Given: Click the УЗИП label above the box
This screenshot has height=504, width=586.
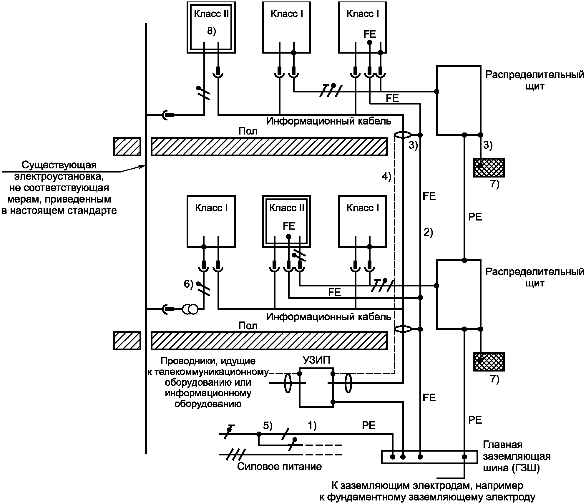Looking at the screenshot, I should click(x=316, y=360).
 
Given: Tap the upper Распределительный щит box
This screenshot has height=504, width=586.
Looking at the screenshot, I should click(x=458, y=100).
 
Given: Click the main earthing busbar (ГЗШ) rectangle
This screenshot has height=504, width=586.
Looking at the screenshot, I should click(x=429, y=457).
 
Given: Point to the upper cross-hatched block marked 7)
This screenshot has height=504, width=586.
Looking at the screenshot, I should click(x=489, y=168).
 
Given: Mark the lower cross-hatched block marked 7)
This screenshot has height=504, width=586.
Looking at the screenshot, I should click(x=489, y=362).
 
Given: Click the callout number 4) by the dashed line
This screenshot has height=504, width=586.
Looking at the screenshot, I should click(x=386, y=176).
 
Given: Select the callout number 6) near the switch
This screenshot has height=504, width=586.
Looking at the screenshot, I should click(x=188, y=284).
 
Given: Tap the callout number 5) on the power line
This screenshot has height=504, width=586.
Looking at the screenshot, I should click(x=268, y=426).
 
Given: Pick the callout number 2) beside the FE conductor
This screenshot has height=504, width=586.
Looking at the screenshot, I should click(x=428, y=232).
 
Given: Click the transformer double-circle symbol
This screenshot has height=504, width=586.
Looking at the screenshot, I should click(x=190, y=309).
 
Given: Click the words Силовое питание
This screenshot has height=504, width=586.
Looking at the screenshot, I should click(x=279, y=467).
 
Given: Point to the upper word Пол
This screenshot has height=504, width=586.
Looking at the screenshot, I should click(x=248, y=131).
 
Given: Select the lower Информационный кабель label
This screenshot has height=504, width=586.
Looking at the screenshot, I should click(x=328, y=317).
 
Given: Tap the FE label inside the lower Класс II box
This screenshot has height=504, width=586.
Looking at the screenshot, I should click(x=289, y=226).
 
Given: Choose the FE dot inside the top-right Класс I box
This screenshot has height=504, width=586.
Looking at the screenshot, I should click(x=370, y=42).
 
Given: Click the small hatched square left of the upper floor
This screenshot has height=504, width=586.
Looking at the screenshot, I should click(x=127, y=147).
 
